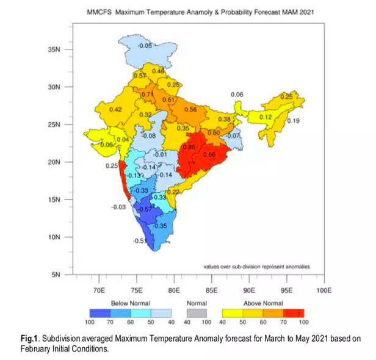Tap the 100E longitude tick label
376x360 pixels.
click(x=324, y=290)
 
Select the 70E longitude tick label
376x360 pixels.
click(x=98, y=290)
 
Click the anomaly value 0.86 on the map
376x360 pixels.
click(x=189, y=148)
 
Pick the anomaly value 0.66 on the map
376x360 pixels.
click(x=209, y=155)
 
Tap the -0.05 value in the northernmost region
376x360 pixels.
click(x=144, y=46)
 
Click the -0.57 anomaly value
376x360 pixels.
click(x=144, y=209)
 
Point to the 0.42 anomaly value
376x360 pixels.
click(x=115, y=110)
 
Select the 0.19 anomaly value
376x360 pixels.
click(x=293, y=121)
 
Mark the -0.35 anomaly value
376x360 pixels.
click(x=159, y=226)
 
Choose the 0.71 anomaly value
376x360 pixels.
click(x=147, y=95)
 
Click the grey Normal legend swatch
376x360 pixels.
click(x=197, y=312)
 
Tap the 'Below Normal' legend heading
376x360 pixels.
click(x=131, y=303)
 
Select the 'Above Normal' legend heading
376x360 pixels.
click(x=264, y=303)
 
